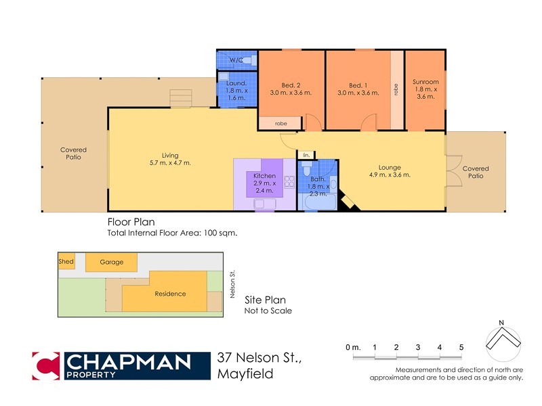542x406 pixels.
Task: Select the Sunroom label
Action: coord(425,83)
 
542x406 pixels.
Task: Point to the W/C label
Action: coord(236,61)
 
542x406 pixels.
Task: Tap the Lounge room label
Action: coord(390,168)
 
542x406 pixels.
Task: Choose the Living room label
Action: coord(171,155)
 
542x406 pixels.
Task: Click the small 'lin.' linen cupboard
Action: coord(306,156)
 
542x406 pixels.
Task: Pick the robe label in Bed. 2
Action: coord(280,124)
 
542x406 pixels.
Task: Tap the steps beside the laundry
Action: coord(182,99)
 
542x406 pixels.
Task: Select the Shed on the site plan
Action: coord(66,261)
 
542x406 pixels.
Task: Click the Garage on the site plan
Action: coord(112,262)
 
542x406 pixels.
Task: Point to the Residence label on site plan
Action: coord(170,294)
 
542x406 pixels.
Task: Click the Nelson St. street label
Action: coord(232,284)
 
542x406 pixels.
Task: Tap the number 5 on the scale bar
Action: coord(461,347)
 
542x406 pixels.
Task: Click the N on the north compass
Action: coord(501,321)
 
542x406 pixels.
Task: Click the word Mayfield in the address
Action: coord(245,374)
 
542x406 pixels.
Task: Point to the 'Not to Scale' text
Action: coord(268,311)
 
